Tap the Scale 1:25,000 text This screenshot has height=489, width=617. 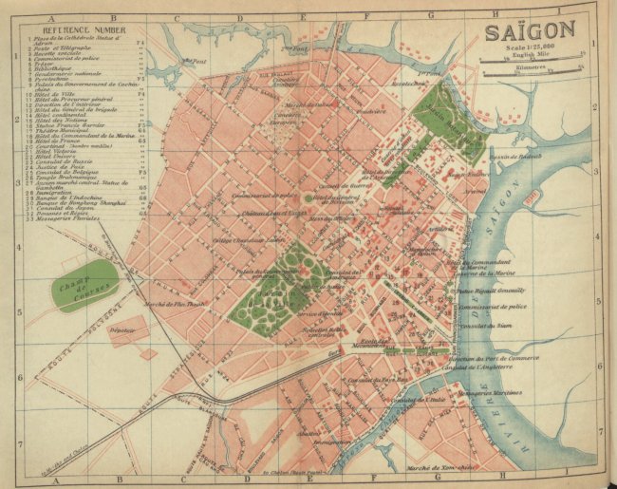(x=532, y=51)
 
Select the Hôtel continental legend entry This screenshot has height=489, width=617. (x=58, y=116)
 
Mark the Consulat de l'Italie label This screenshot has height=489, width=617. (x=421, y=400)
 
